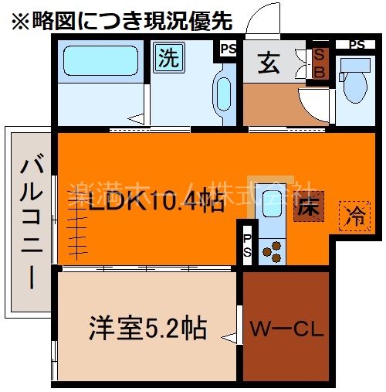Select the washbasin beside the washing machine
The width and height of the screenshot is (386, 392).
224,93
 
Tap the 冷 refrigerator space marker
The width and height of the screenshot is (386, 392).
356,213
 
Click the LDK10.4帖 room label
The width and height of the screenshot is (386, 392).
155,203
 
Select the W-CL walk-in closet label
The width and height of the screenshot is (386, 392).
286,331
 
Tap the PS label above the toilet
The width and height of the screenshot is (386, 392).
356,44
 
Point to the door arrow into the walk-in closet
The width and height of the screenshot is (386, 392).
229,336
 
